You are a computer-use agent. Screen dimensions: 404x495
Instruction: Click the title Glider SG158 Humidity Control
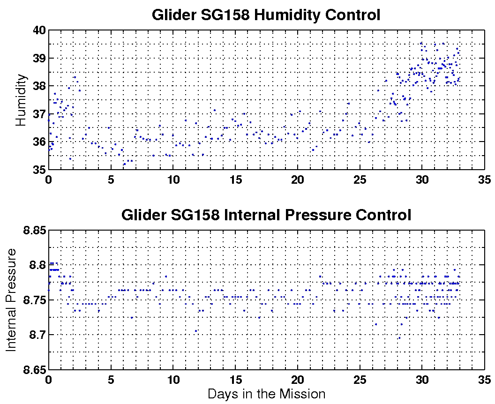(266, 15)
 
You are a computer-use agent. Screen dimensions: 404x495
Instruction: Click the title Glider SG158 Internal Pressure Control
(266, 215)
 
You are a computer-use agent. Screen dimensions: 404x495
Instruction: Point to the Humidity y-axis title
(21, 100)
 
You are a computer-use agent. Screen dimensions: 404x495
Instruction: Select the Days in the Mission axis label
(266, 394)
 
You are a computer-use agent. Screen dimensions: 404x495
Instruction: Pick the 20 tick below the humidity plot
(298, 180)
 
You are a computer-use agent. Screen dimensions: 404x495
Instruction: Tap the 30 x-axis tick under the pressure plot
(422, 379)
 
